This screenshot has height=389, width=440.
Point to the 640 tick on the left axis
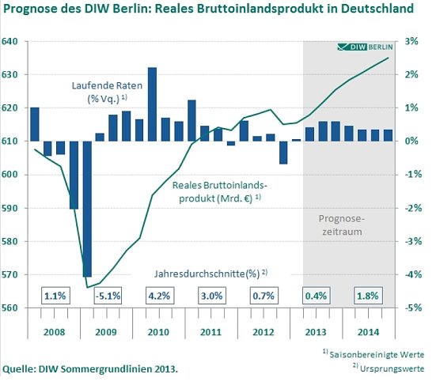click(11, 41)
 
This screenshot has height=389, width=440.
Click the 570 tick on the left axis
click(11, 274)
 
